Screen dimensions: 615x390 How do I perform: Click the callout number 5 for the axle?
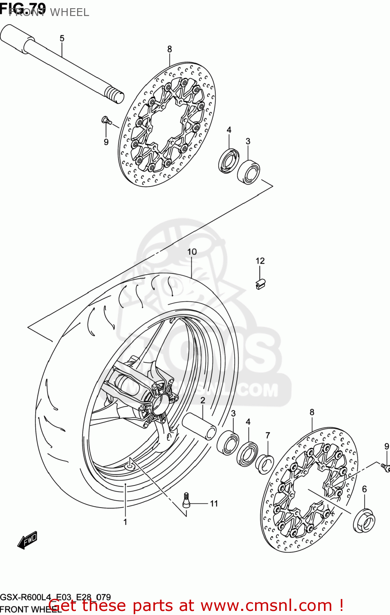pyautogui.click(x=62, y=39)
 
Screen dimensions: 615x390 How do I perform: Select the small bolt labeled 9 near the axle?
pyautogui.click(x=105, y=120)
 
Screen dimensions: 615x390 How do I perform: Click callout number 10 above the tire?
pyautogui.click(x=192, y=252)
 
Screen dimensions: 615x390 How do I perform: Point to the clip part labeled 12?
pyautogui.click(x=260, y=284)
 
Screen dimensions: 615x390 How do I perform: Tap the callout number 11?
pyautogui.click(x=214, y=503)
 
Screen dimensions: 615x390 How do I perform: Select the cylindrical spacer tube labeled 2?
pyautogui.click(x=199, y=426)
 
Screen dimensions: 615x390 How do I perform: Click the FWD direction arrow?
pyautogui.click(x=27, y=540)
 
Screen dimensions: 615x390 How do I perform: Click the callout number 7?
pyautogui.click(x=267, y=435)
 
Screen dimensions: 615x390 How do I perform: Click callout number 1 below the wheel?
pyautogui.click(x=125, y=522)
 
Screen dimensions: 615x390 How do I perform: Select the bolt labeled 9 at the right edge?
pyautogui.click(x=385, y=467)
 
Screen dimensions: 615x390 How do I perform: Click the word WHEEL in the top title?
pyautogui.click(x=69, y=12)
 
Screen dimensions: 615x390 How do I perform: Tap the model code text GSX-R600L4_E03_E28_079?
pyautogui.click(x=55, y=597)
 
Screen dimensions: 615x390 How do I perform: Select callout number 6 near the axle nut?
pyautogui.click(x=364, y=489)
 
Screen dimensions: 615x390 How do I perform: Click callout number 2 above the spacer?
pyautogui.click(x=203, y=400)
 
